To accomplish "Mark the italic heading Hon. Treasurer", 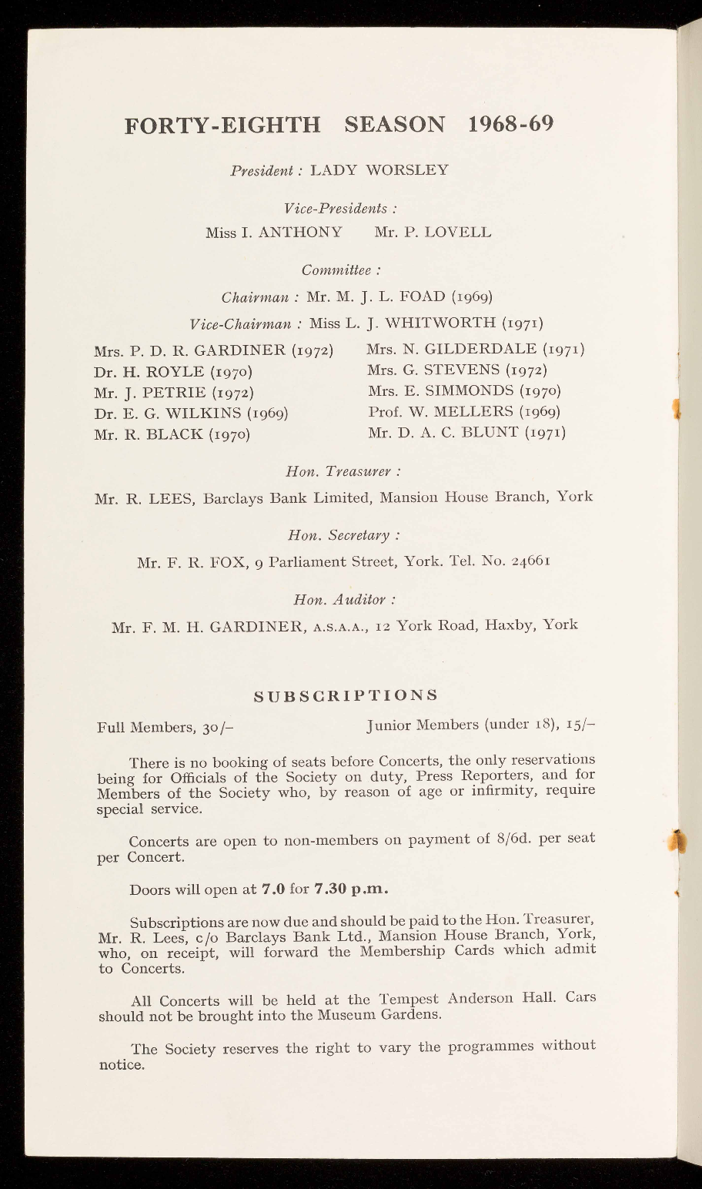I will [343, 470].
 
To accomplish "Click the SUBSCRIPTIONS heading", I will [346, 695].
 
